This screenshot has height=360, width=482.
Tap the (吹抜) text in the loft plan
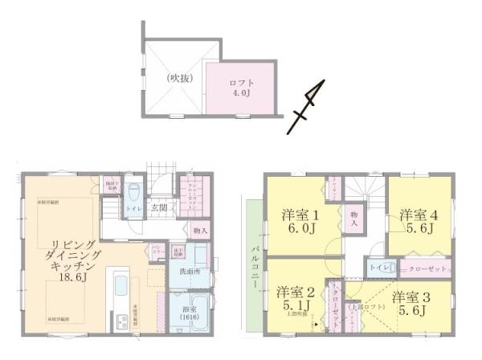tap(177, 79)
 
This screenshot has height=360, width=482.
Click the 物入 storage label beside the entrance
tap(200, 231)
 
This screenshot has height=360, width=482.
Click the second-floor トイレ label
tap(376, 266)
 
